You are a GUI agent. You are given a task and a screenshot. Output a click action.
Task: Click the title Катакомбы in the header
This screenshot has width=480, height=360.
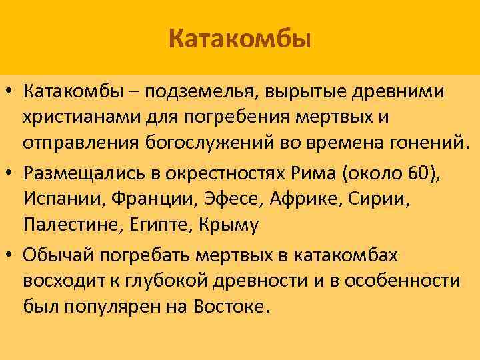click(240, 38)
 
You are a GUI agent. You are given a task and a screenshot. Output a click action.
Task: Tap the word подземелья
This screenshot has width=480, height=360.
click(198, 90)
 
